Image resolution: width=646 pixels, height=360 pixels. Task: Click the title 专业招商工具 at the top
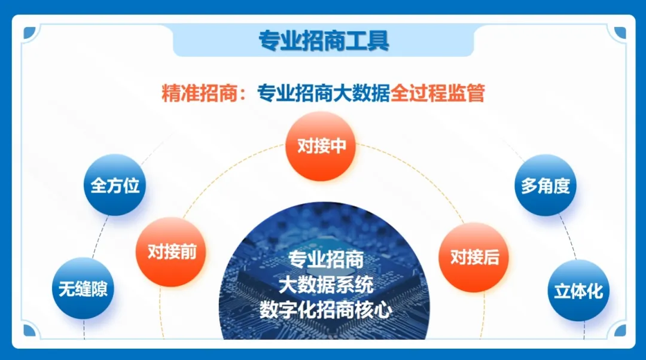tap(324, 41)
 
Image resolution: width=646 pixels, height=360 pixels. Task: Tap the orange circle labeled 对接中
tap(321, 146)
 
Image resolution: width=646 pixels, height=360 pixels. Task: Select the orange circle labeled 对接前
tap(172, 252)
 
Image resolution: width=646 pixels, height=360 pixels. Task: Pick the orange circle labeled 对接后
tap(474, 257)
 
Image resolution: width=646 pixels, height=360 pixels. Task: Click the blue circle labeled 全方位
tap(115, 185)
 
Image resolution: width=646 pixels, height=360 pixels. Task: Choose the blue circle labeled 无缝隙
tap(83, 288)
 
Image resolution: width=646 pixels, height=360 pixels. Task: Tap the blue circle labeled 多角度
tap(545, 185)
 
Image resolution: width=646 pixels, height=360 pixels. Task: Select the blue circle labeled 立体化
tap(578, 292)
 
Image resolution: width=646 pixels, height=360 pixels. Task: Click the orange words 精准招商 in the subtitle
tap(200, 93)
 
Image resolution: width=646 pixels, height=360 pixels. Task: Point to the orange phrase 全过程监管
tap(437, 93)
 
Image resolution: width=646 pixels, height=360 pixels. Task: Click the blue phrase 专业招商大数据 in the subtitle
tap(324, 93)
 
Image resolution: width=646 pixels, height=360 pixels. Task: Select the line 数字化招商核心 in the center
tap(326, 310)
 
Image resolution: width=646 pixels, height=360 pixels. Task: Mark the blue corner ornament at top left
tap(30, 32)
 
